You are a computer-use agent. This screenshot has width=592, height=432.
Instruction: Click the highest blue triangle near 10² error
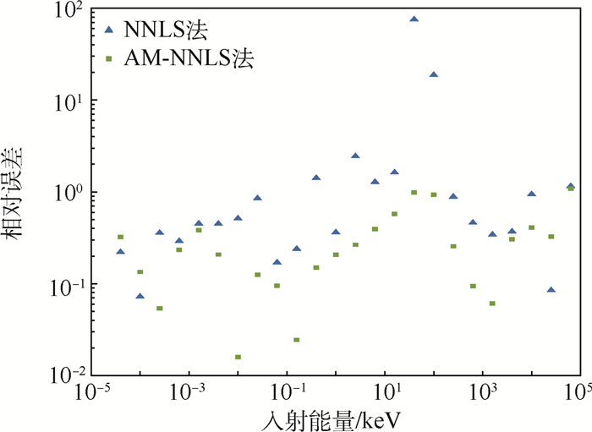[x=414, y=19]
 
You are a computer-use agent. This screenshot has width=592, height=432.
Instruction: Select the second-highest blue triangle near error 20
[x=434, y=74]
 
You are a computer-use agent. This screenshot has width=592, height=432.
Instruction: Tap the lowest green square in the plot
[x=238, y=357]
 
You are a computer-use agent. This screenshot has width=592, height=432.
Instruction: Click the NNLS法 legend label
[x=166, y=30]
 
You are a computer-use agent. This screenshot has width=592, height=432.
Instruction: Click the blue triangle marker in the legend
[x=107, y=30]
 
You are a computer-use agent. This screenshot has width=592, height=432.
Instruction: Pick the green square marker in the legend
[x=107, y=59]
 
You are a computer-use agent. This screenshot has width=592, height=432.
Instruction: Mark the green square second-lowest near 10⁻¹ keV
[x=297, y=340]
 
